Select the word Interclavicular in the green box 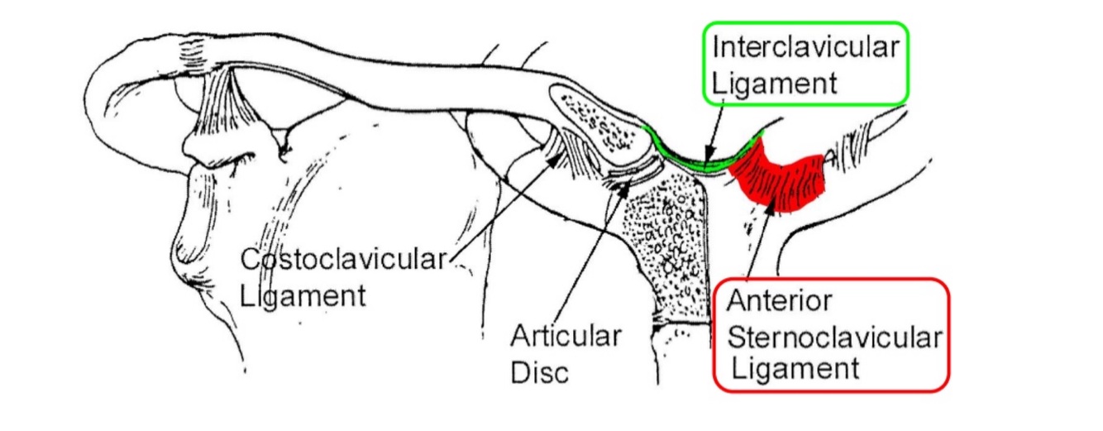click(x=805, y=47)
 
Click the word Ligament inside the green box click(x=775, y=83)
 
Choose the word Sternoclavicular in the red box click(x=833, y=338)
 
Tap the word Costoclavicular click(x=343, y=261)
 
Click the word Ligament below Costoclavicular click(x=303, y=295)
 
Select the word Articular click(x=566, y=337)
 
